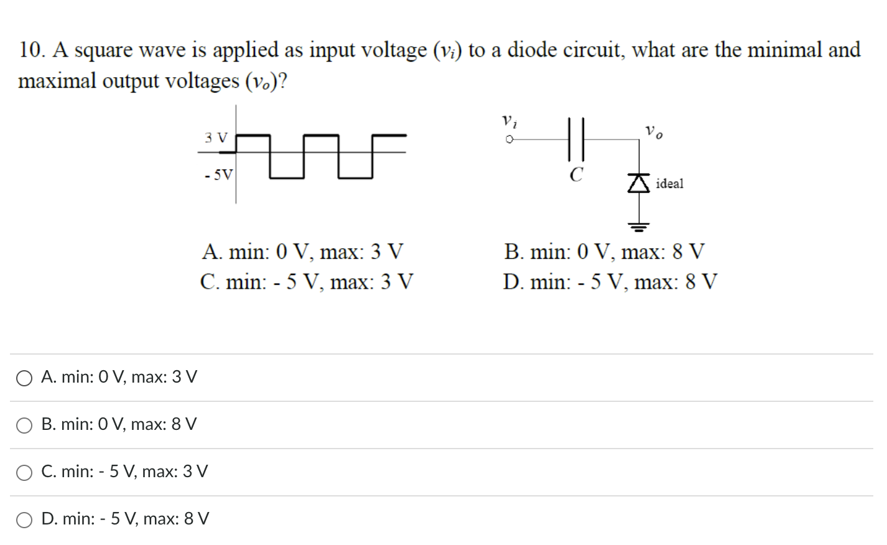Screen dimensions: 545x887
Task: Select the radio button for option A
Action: [24, 378]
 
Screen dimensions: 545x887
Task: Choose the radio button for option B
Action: [24, 426]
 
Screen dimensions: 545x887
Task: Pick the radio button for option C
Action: [24, 473]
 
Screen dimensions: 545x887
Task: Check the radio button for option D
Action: [24, 520]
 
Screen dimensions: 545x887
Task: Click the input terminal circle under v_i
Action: [509, 140]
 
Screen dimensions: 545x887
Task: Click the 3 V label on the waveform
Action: [216, 137]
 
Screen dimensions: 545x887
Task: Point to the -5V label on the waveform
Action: [218, 175]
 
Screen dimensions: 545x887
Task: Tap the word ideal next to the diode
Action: [669, 184]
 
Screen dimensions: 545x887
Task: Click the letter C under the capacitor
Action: [577, 175]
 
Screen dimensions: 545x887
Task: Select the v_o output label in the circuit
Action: [654, 131]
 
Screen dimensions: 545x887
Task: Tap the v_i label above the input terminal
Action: [508, 120]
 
